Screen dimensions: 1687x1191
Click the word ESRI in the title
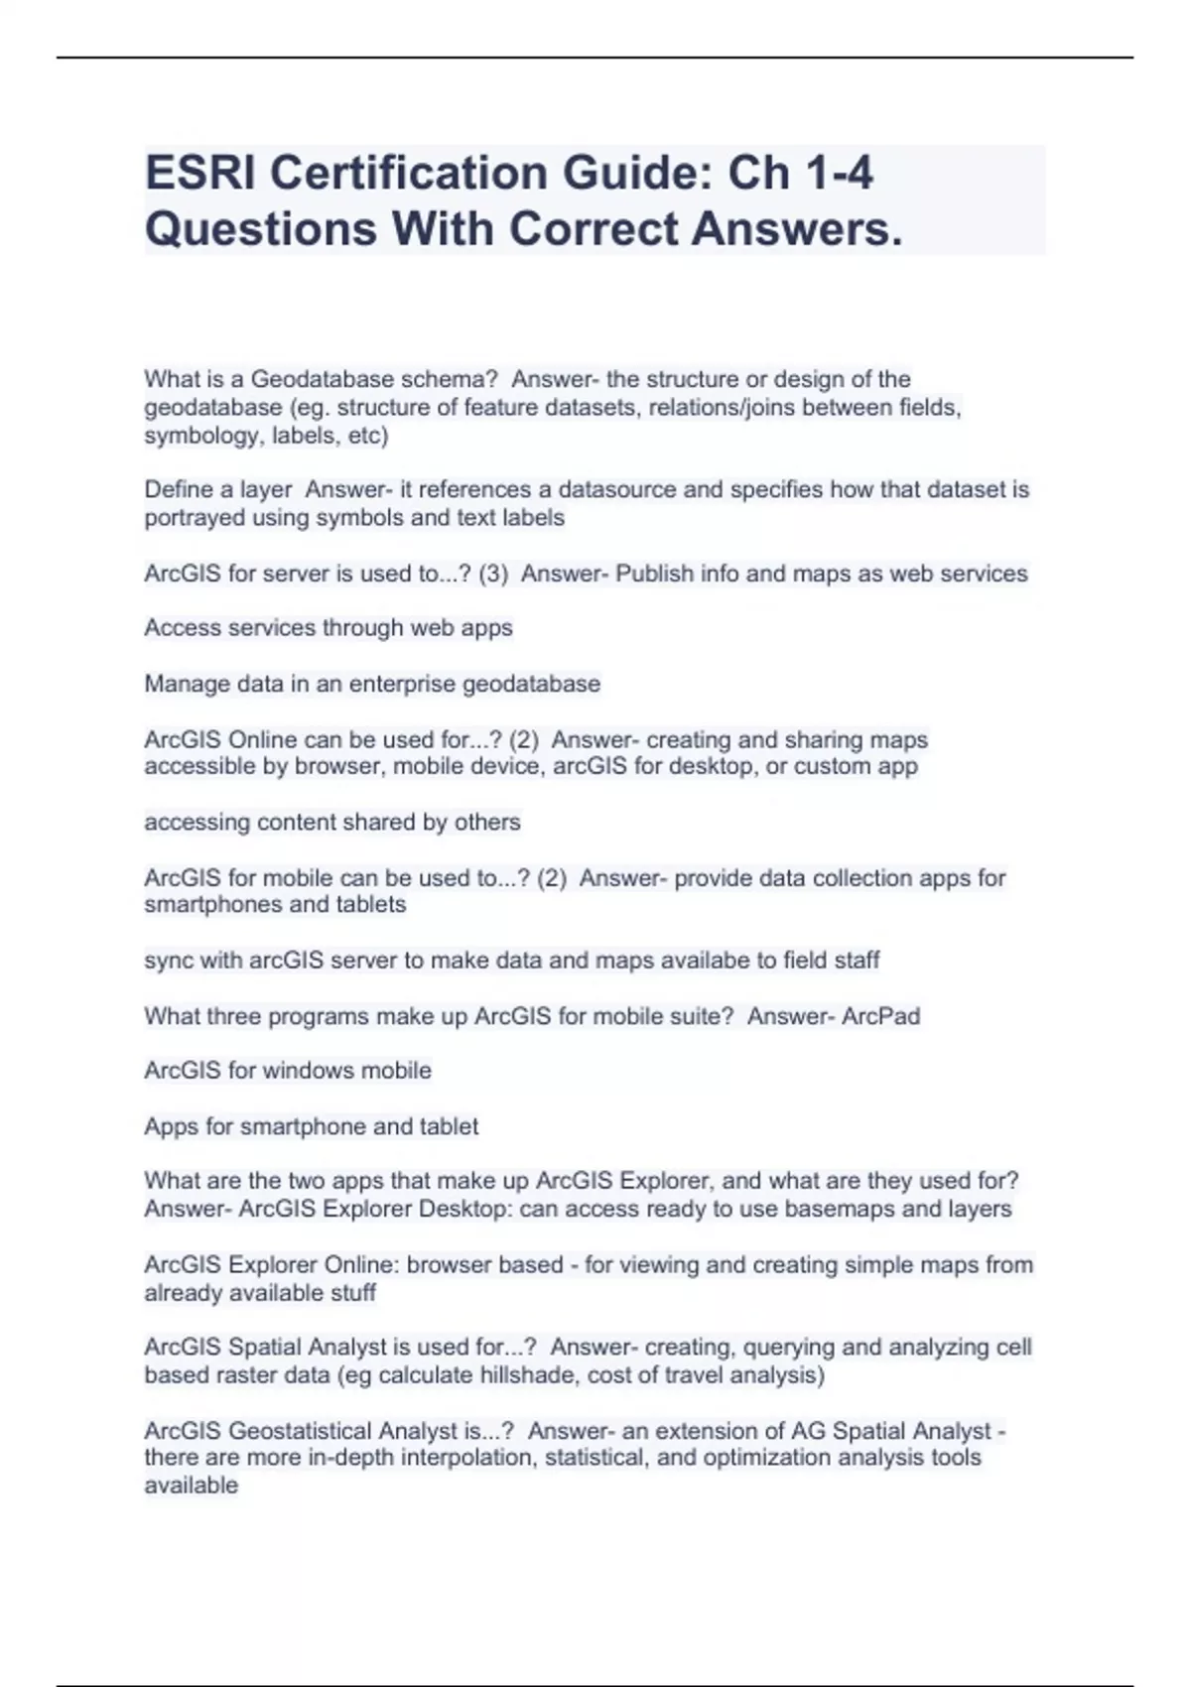point(199,174)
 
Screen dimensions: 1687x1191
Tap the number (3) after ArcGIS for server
point(493,574)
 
